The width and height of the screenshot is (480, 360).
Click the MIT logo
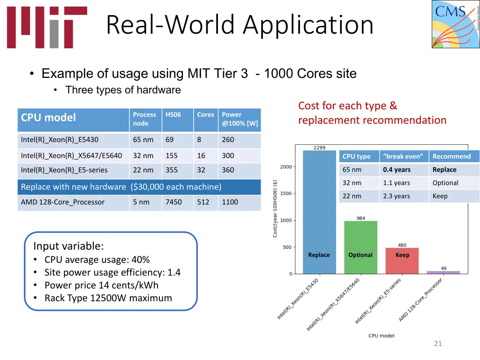tap(47, 27)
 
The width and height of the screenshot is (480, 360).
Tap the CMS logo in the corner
tap(456, 24)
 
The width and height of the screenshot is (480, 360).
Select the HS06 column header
tap(173, 115)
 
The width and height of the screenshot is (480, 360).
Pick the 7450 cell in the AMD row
tap(173, 202)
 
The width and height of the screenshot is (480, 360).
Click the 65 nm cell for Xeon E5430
tap(143, 139)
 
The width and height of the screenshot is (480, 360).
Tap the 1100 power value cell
tap(230, 202)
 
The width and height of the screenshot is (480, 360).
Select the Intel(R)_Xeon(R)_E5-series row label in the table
tap(64, 170)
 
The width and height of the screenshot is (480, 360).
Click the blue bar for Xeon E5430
tap(319, 211)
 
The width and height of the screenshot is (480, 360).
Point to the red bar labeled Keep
tap(402, 261)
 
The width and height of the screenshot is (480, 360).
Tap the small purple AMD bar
tap(443, 272)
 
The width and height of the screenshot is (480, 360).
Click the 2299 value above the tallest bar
tap(319, 148)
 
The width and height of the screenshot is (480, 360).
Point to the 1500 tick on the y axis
tap(286, 194)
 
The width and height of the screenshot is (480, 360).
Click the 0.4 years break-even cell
tap(397, 170)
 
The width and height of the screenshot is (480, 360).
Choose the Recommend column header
tap(451, 157)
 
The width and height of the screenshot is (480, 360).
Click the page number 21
tap(438, 344)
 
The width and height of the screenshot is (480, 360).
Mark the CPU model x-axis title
tap(381, 336)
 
